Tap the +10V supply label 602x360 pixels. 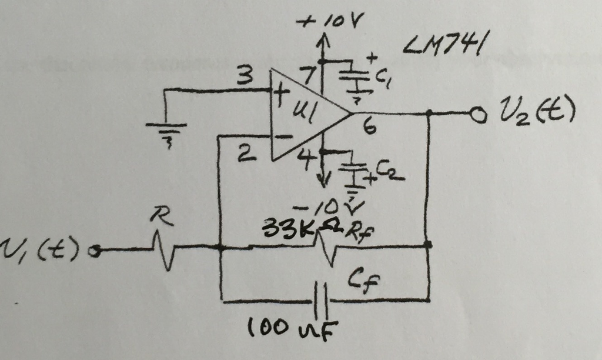click(330, 23)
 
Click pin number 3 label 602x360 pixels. click(242, 76)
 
